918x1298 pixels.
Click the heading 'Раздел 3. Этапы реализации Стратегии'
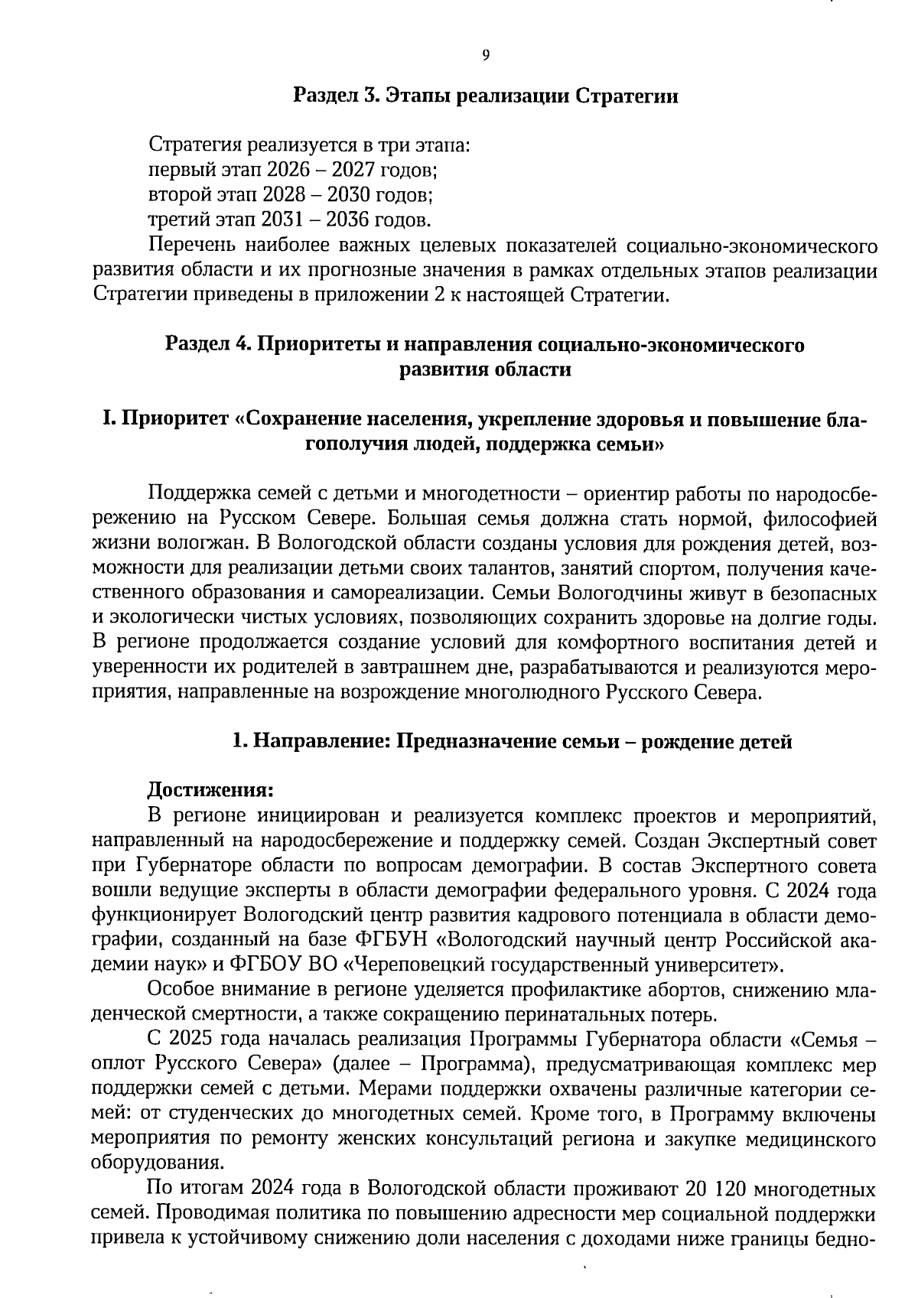point(487,97)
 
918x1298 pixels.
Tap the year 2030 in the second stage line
point(348,194)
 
